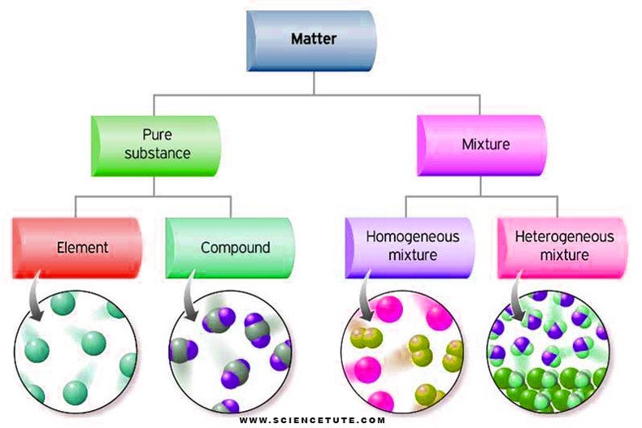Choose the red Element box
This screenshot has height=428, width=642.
78,247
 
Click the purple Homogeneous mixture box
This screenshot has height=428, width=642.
410,246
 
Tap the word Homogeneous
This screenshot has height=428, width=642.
412,237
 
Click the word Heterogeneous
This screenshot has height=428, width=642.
565,237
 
